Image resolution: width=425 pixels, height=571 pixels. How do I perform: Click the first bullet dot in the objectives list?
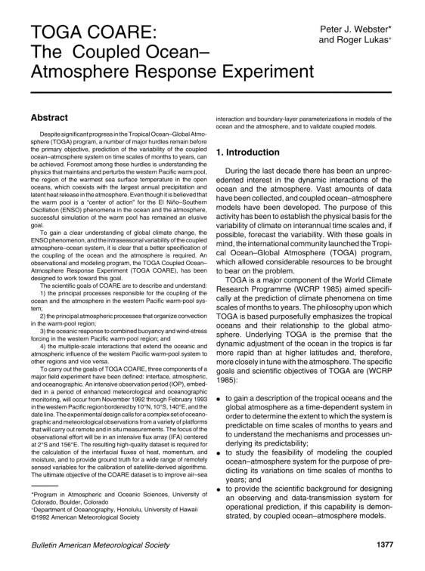click(219, 354)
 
